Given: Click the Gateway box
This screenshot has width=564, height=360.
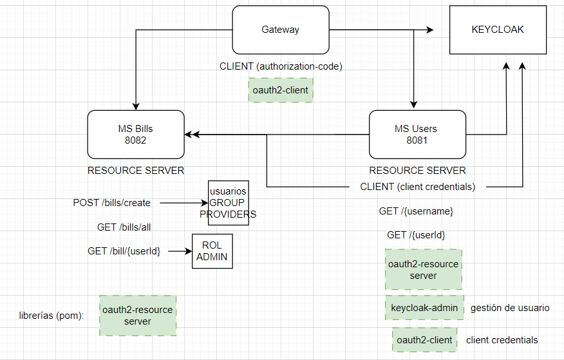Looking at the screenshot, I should (280, 30).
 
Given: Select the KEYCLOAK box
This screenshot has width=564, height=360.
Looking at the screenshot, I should (497, 30).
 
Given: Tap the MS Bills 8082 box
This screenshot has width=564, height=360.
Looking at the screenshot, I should (136, 134).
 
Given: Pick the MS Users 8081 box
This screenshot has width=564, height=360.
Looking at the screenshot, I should (417, 134).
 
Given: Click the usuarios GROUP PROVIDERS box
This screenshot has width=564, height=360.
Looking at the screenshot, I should (228, 203).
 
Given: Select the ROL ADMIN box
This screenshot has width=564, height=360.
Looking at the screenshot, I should (212, 251).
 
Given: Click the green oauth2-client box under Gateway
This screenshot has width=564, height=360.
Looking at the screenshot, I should (280, 90).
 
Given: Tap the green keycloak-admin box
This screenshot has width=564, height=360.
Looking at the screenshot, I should (424, 308).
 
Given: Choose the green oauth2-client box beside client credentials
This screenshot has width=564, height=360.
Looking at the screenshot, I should (424, 340).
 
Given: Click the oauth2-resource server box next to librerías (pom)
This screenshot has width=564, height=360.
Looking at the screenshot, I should (137, 316).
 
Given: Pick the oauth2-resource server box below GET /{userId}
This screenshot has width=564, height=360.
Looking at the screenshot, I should (424, 270).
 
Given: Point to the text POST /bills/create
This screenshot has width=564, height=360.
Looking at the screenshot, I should (111, 203).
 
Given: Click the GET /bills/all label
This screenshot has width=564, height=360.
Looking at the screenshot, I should (124, 227).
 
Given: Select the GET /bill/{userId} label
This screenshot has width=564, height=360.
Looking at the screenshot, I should (124, 251).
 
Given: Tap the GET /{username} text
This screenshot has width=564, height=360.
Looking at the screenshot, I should (416, 211).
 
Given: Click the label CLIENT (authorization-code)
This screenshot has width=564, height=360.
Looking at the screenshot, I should (280, 66).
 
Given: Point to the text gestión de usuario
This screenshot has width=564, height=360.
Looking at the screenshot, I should (510, 308).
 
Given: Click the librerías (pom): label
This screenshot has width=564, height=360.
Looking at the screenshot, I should (52, 316).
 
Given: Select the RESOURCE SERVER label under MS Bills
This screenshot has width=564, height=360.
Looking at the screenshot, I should (136, 171).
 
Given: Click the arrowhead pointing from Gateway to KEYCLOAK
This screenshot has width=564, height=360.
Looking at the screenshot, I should (429, 30).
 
